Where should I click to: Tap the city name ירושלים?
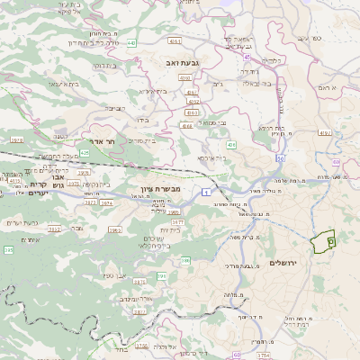click(283, 262)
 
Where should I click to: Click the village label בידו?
click(141, 118)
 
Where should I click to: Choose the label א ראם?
click(327, 87)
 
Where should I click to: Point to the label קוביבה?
click(115, 107)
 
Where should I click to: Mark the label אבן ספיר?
click(118, 274)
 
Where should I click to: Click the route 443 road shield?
click(131, 42)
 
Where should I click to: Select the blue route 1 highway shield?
click(206, 192)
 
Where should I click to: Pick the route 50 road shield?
click(280, 158)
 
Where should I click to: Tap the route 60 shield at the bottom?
click(236, 355)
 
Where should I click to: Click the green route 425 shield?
click(84, 153)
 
